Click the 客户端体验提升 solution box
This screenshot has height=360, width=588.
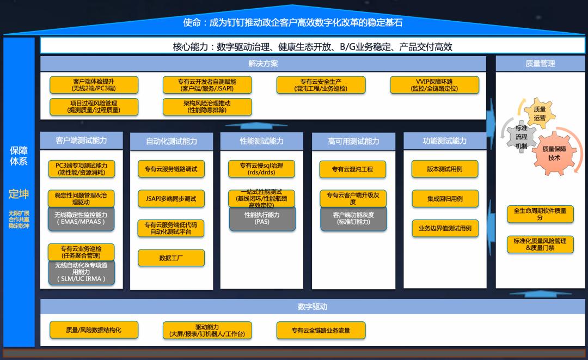point(94,85)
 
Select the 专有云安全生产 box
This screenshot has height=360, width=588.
point(321,85)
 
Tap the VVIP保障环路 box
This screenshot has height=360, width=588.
point(434,85)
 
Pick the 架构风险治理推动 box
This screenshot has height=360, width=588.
point(207,106)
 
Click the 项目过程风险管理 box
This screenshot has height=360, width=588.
point(94,106)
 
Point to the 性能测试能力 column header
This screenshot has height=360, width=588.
point(261,141)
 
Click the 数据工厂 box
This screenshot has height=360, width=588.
point(171,258)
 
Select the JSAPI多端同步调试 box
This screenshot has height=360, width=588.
point(171,199)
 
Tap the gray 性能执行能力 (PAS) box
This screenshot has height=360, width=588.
point(262,218)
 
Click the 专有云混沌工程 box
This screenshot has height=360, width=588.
point(353,169)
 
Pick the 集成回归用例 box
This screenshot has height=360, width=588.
point(445,199)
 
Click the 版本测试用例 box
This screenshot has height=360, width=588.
point(445,169)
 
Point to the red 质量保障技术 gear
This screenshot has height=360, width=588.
point(554,153)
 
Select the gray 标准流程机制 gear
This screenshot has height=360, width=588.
point(522,137)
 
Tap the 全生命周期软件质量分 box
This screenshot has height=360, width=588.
point(540,214)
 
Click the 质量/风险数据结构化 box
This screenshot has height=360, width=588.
point(94,330)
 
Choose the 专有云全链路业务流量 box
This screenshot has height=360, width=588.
point(321,330)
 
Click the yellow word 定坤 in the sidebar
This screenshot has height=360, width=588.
point(19,194)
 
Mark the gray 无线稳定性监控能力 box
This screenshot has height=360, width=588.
point(81,218)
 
